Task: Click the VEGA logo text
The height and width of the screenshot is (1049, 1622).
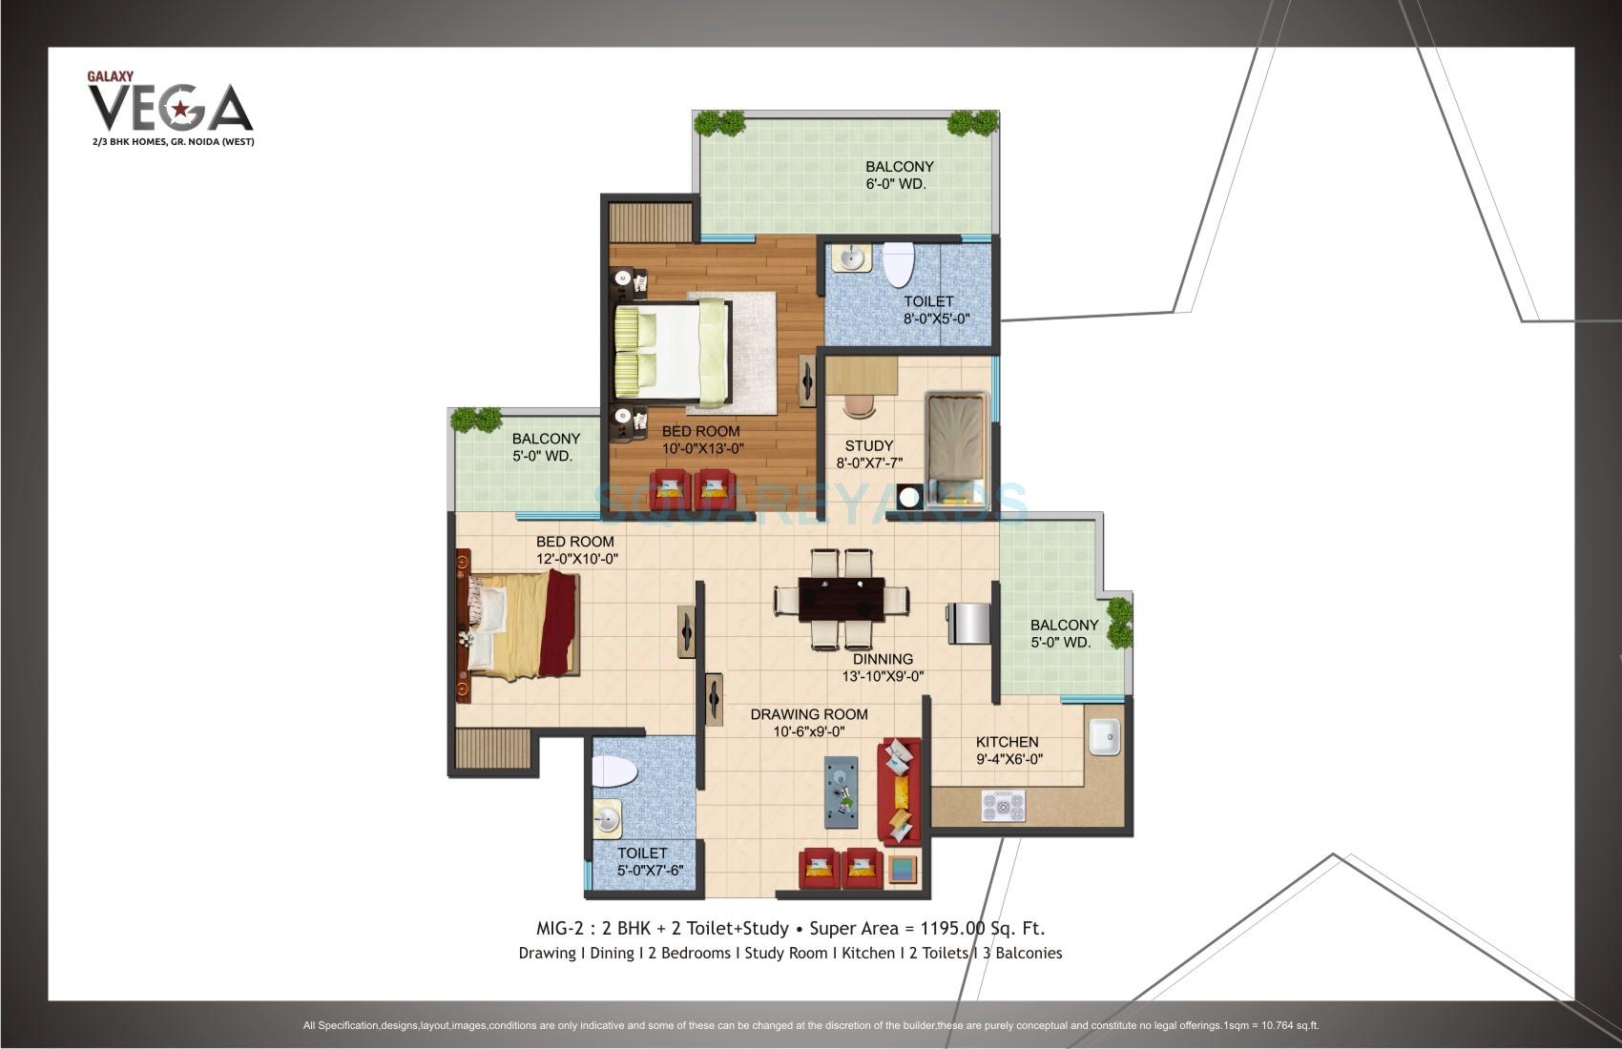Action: [x=170, y=108]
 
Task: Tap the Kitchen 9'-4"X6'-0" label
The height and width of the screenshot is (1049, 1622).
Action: [x=1008, y=751]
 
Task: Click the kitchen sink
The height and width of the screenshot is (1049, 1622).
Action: [x=1104, y=736]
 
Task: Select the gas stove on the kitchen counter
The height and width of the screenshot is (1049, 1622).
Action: [x=1004, y=808]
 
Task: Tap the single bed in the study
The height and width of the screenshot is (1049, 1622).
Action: [x=959, y=446]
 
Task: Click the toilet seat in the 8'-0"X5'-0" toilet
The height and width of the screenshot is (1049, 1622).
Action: [x=898, y=264]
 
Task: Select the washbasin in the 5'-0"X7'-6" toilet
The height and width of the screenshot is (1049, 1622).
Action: [x=607, y=817]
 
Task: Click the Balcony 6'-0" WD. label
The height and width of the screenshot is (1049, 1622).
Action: [x=899, y=175]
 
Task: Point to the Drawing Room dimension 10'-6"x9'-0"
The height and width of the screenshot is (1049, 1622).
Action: [x=809, y=732]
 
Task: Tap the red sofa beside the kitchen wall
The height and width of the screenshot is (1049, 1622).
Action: [x=900, y=792]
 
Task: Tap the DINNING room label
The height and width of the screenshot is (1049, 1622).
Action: [x=883, y=659]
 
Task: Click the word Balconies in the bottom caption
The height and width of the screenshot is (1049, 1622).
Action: [x=1028, y=953]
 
